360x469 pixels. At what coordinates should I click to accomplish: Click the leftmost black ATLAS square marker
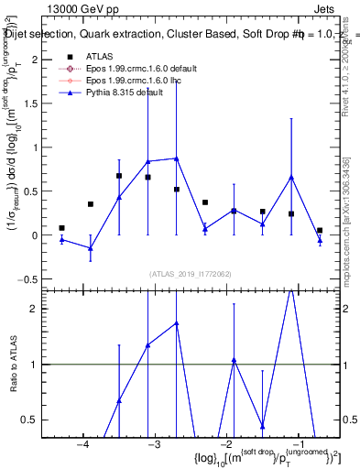pos(61,228)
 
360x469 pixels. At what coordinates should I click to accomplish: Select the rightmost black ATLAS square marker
pos(320,231)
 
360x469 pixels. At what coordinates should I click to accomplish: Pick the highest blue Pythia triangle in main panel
pos(176,158)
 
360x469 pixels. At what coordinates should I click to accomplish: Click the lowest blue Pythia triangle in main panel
pos(90,248)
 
